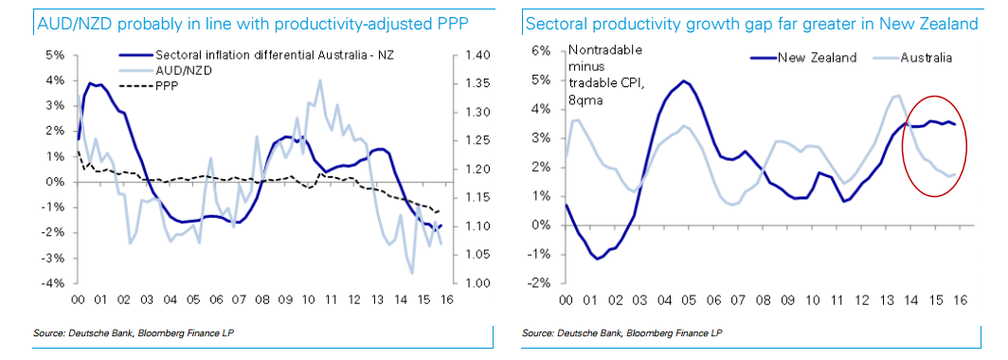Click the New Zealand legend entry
click(817, 58)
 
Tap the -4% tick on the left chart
click(53, 283)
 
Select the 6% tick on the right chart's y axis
click(541, 50)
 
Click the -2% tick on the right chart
click(539, 283)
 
